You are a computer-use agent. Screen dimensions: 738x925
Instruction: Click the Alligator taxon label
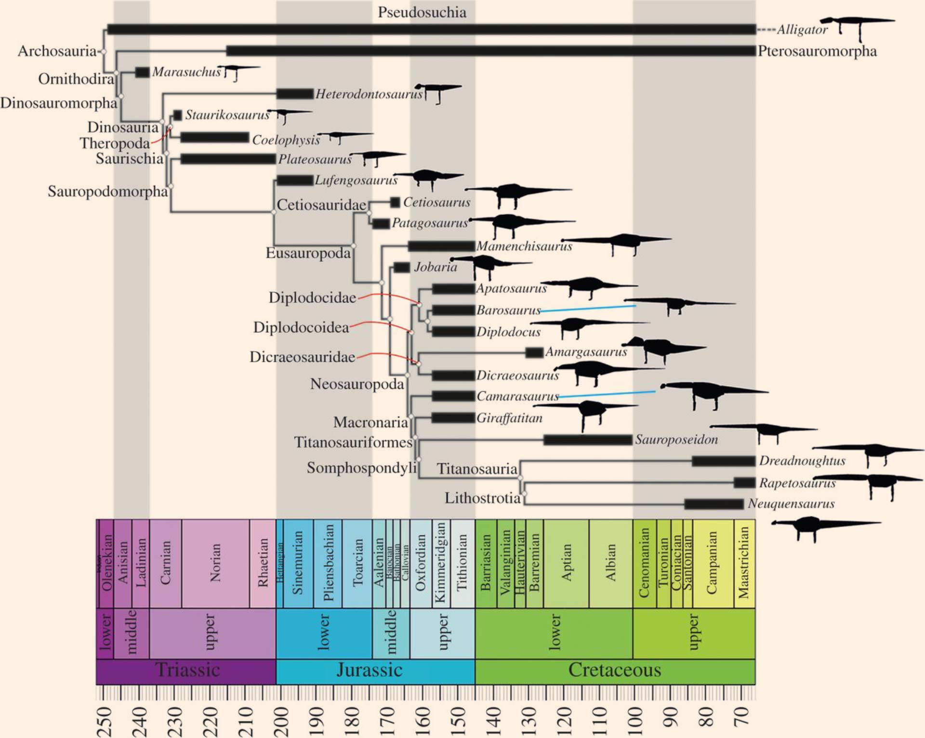coord(802,30)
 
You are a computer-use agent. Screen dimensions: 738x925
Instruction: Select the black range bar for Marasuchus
coord(142,72)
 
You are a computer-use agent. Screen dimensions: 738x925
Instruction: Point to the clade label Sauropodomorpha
coord(107,191)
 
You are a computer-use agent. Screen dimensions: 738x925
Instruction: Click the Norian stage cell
coord(215,563)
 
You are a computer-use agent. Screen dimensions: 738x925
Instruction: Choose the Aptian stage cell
coord(566,563)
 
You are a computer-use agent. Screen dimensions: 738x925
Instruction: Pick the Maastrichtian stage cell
coord(744,563)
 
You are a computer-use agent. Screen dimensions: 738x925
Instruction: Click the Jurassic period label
coord(369,670)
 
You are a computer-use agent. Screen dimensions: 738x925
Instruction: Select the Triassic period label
coord(187,670)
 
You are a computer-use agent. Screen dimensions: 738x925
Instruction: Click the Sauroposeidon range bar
coord(588,439)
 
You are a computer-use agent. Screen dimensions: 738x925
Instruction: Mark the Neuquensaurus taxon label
coord(791,504)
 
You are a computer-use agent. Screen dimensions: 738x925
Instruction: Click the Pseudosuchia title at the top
coord(422,12)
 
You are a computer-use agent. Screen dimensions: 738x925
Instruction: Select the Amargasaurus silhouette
coord(662,348)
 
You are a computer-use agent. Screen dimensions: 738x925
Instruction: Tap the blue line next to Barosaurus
coord(588,309)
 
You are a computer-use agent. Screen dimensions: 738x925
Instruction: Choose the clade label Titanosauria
coord(477,469)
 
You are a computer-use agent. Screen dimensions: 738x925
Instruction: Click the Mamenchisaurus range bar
coord(441,246)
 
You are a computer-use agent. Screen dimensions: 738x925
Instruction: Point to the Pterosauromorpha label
coord(817,51)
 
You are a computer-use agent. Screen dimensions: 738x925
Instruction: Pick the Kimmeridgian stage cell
coord(440,563)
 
